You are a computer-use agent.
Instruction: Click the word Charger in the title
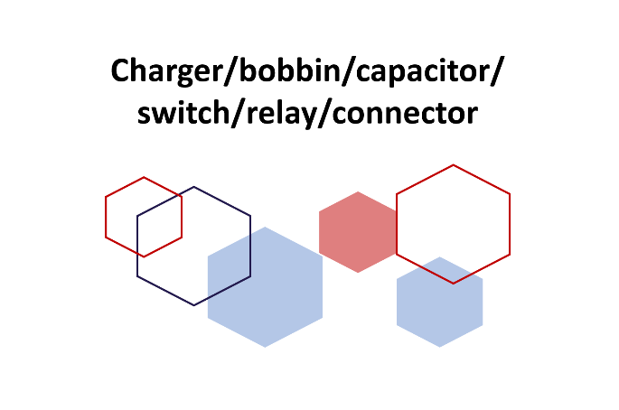pos(159,70)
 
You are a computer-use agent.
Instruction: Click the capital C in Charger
pos(122,70)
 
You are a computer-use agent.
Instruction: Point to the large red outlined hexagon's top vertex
pos(453,164)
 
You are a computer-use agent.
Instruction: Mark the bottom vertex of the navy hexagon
pos(194,305)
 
